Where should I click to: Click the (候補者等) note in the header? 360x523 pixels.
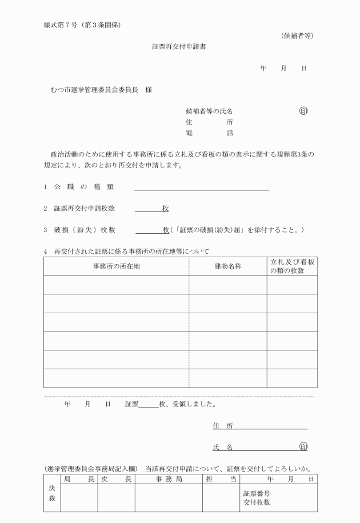point(298,36)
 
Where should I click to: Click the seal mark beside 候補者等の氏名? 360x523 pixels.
point(303,111)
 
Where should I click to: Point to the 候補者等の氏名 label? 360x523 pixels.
point(209,111)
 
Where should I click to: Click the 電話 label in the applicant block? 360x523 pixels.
point(209,133)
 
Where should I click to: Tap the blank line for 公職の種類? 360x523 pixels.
point(201,187)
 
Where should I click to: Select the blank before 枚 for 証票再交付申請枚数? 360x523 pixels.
point(148,209)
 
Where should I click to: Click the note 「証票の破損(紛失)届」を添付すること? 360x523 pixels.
point(238,230)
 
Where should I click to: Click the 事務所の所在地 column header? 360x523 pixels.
point(117,267)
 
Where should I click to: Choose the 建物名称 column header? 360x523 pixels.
point(228,267)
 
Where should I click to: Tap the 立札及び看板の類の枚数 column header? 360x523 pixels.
point(292,266)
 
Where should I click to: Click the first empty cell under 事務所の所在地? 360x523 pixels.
point(117,285)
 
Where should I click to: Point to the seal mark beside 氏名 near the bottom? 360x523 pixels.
point(303,446)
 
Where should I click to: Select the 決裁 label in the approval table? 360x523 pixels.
point(51,493)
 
